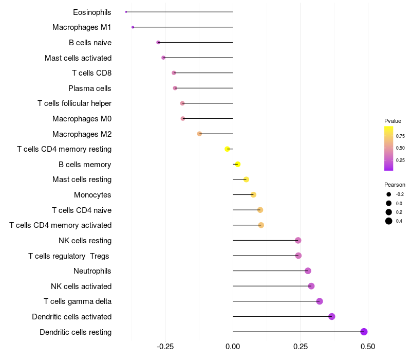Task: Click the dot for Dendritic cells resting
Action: (364, 332)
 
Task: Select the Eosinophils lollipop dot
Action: (126, 12)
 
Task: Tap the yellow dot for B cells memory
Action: (237, 164)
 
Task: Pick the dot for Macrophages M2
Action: (199, 134)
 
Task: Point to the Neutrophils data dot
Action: (308, 271)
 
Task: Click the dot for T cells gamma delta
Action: (320, 301)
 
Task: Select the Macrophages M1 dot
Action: (133, 27)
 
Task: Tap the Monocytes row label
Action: (92, 195)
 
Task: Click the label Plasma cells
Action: (90, 88)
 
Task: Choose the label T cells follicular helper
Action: (74, 103)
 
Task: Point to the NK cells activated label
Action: (81, 286)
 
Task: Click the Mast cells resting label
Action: (82, 179)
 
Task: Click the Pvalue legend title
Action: (393, 121)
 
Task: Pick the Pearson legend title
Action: (395, 185)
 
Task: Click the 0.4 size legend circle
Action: (389, 221)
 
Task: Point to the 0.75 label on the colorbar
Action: (400, 136)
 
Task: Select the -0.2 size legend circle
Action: (389, 194)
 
